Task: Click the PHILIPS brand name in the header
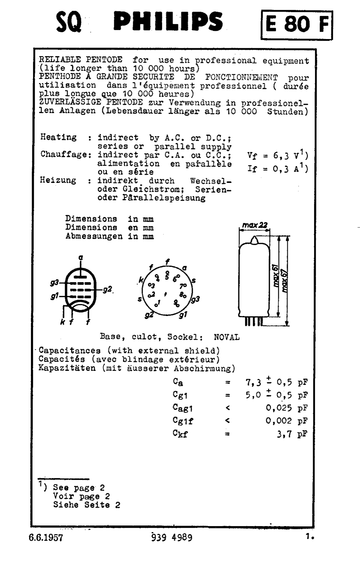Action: (x=168, y=22)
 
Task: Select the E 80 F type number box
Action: (x=297, y=25)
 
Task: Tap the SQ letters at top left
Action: (x=69, y=22)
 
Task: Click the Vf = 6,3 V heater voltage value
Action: (x=277, y=155)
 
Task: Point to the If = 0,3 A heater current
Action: (x=277, y=169)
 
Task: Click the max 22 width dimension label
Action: (x=254, y=225)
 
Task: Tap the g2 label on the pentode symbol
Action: (x=107, y=289)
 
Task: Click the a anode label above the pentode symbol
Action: (x=81, y=258)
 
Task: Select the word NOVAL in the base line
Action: (x=227, y=337)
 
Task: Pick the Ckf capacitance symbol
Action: (x=180, y=434)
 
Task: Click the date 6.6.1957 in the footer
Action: (x=46, y=538)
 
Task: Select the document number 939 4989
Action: (x=172, y=537)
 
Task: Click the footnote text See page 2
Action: (x=79, y=487)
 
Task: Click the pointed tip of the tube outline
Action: (x=254, y=239)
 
